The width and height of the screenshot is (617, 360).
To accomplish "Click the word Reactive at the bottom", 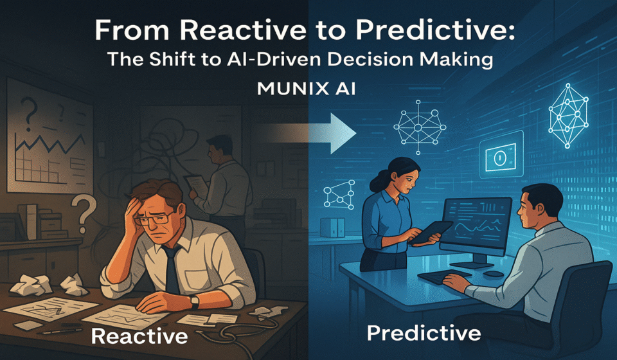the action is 139,336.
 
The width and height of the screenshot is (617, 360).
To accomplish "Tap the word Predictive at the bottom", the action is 424,333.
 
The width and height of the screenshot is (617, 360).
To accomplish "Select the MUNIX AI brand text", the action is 306,89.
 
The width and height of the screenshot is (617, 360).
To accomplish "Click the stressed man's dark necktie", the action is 172,268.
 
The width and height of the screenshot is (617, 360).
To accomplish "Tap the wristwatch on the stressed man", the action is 193,301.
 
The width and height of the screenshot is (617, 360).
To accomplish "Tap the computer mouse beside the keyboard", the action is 494,273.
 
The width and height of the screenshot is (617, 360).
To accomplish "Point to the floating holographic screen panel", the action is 501,155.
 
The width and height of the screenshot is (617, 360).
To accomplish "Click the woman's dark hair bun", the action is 376,181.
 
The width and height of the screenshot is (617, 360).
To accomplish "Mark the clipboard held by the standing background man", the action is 197,185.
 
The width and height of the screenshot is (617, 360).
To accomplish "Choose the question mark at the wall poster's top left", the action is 29,114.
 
